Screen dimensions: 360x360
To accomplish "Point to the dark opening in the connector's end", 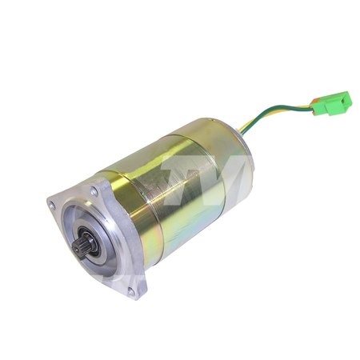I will click(346, 99).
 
